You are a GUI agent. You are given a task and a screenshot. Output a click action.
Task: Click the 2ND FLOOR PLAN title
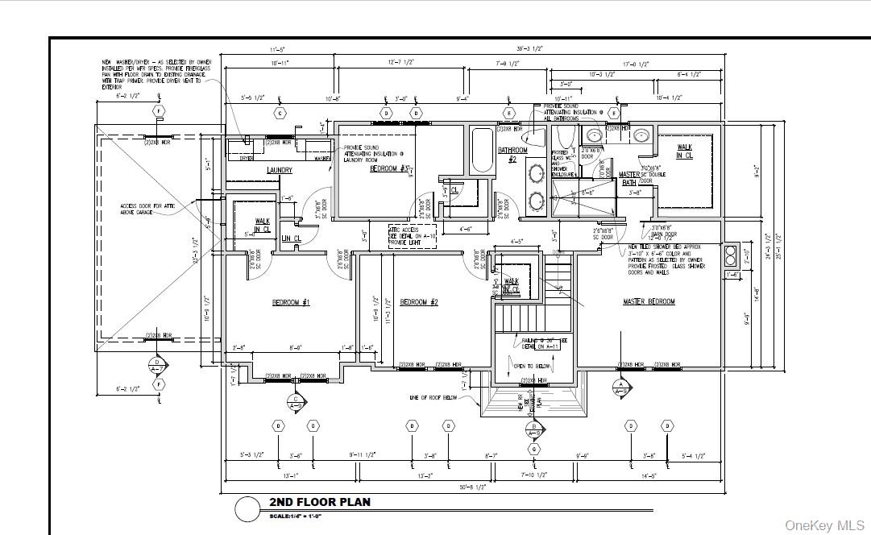click(320, 502)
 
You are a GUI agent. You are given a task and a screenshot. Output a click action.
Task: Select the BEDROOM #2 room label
click(418, 302)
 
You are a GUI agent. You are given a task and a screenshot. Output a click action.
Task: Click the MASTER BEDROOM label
click(649, 302)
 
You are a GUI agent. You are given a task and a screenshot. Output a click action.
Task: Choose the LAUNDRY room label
click(279, 171)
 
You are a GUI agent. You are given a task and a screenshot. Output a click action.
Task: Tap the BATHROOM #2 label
click(512, 155)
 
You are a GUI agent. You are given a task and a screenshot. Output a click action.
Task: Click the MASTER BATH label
click(628, 178)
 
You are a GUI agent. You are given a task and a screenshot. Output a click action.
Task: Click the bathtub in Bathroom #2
click(483, 151)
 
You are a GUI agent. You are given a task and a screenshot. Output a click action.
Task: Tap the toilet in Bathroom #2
click(565, 136)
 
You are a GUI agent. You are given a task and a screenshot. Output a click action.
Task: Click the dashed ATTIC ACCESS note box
click(412, 236)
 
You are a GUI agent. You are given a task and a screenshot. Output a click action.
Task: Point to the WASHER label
click(321, 158)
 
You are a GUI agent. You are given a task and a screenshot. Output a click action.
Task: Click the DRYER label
click(247, 158)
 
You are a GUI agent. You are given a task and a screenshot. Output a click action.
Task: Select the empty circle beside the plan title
click(247, 508)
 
